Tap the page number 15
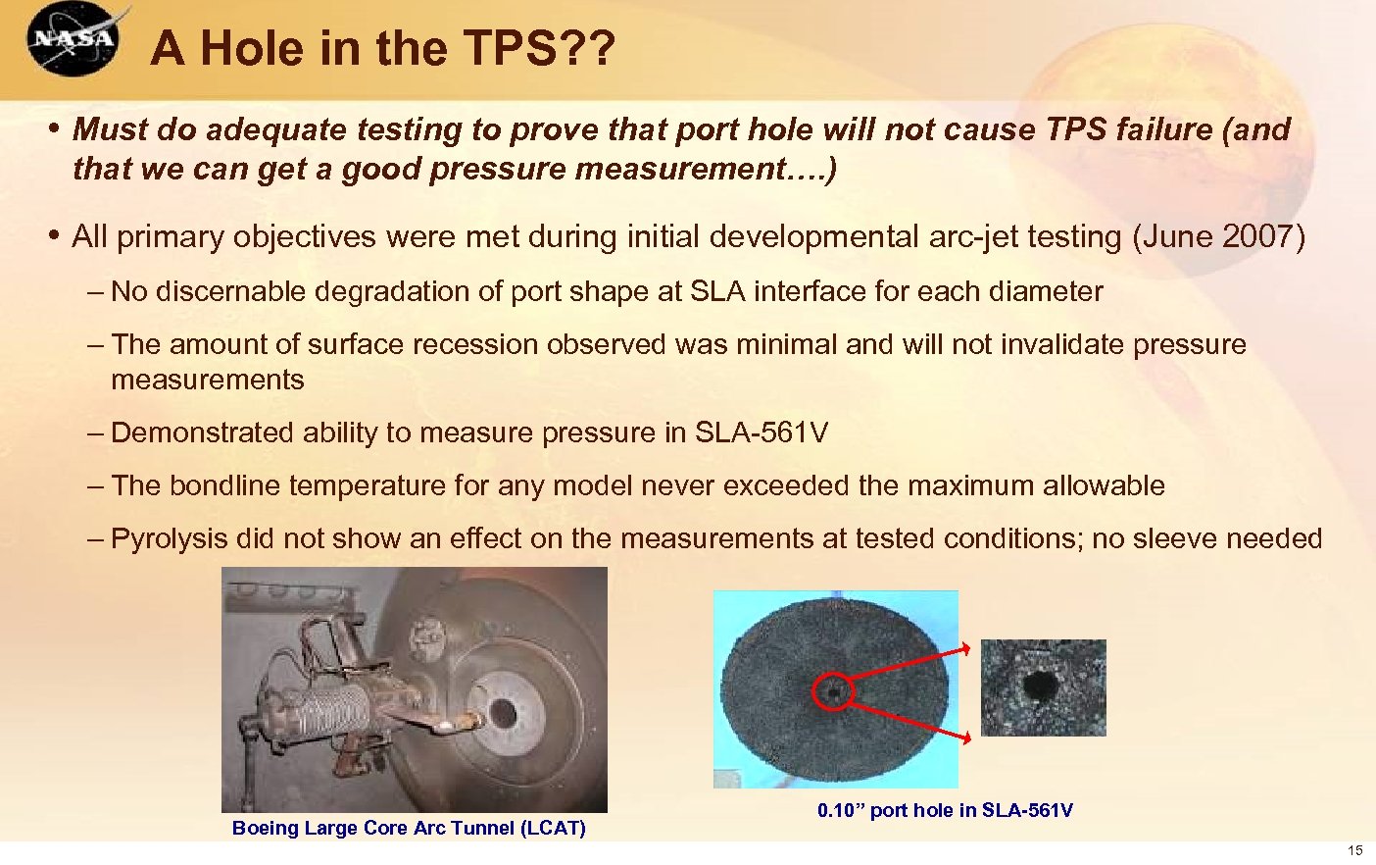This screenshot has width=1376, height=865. (x=1355, y=850)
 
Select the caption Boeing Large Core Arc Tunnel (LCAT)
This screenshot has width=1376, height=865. (x=409, y=828)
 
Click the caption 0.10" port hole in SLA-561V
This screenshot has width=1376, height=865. (x=945, y=810)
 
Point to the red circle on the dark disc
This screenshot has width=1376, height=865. (x=833, y=691)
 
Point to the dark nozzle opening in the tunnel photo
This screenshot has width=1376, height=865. (x=504, y=712)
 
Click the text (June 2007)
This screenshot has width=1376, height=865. (x=1218, y=236)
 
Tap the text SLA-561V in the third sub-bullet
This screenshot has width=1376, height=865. (x=761, y=432)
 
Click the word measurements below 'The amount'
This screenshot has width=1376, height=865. (x=208, y=380)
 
